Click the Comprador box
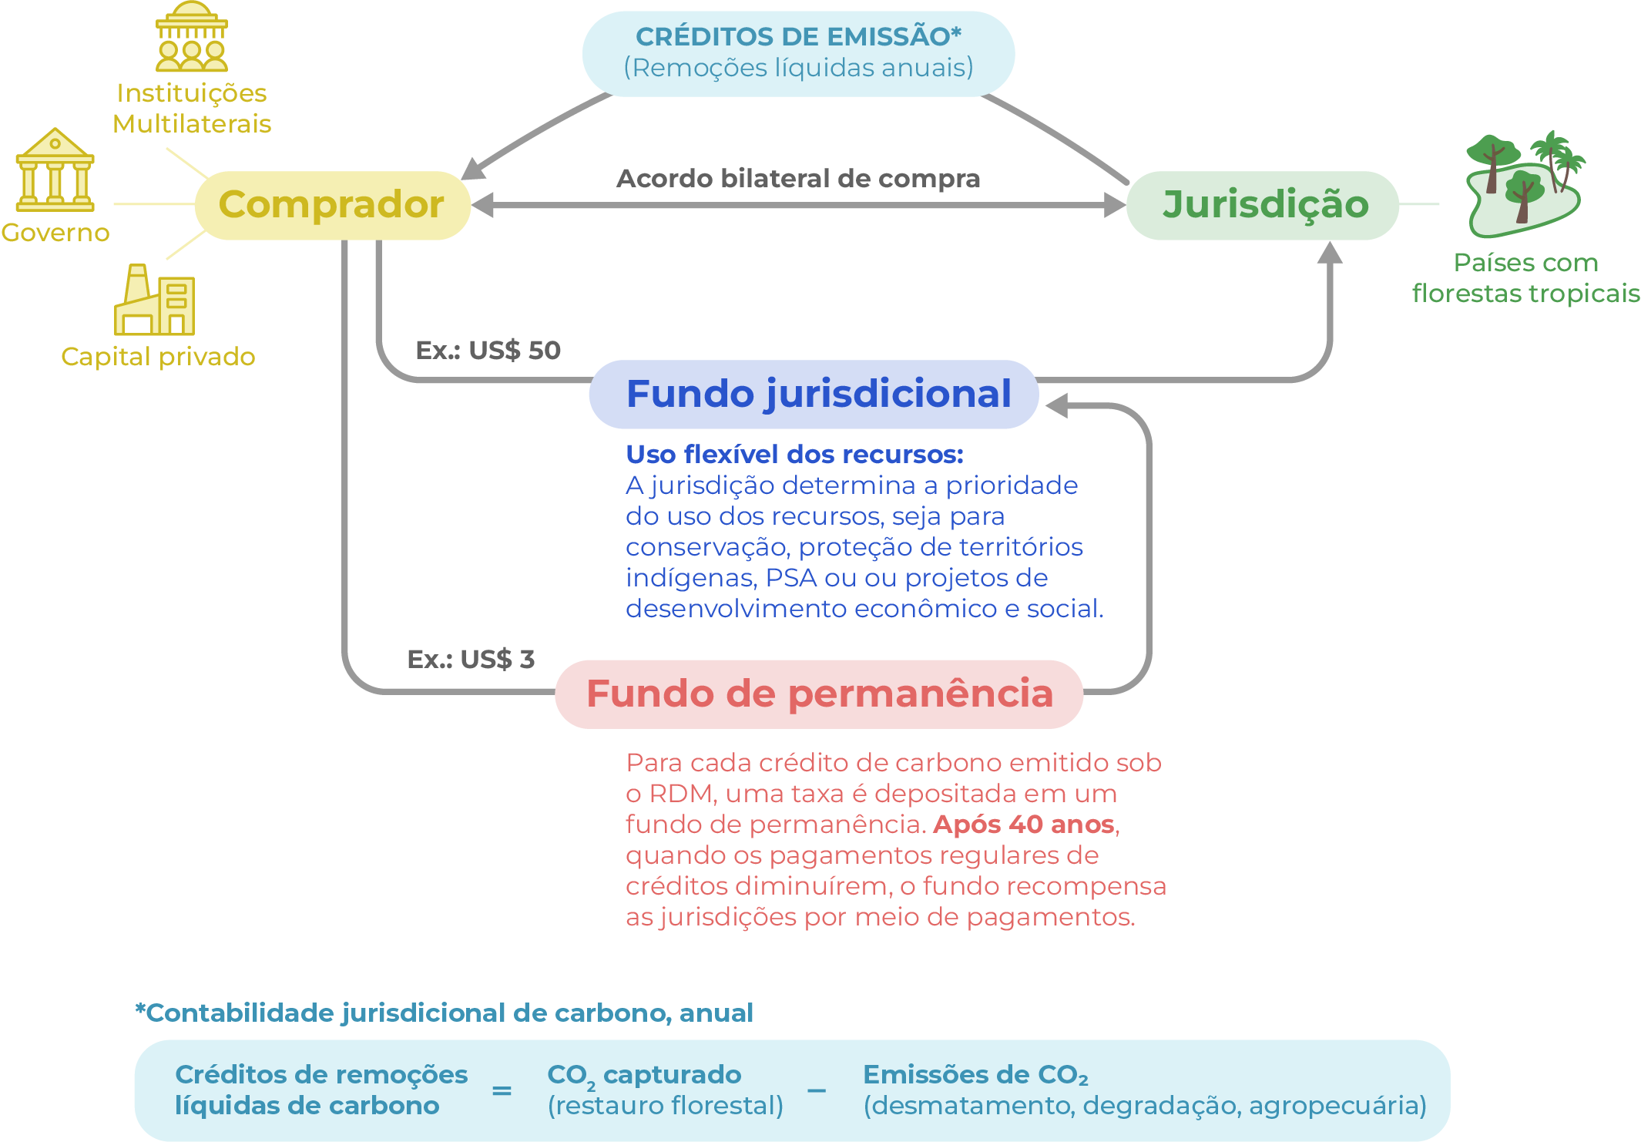[332, 205]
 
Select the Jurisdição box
[1263, 205]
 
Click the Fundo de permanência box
[819, 694]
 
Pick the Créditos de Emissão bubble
[798, 52]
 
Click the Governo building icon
[55, 171]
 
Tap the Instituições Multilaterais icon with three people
[192, 38]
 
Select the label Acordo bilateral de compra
[798, 179]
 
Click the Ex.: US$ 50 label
[488, 351]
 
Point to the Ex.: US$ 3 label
[471, 660]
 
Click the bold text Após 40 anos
[1024, 825]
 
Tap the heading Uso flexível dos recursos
[794, 455]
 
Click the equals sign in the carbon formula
[502, 1090]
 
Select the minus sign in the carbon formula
[817, 1090]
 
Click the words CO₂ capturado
[644, 1075]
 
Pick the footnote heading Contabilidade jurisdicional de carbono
[445, 1013]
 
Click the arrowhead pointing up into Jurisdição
[1330, 253]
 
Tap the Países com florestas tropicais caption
[1525, 278]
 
